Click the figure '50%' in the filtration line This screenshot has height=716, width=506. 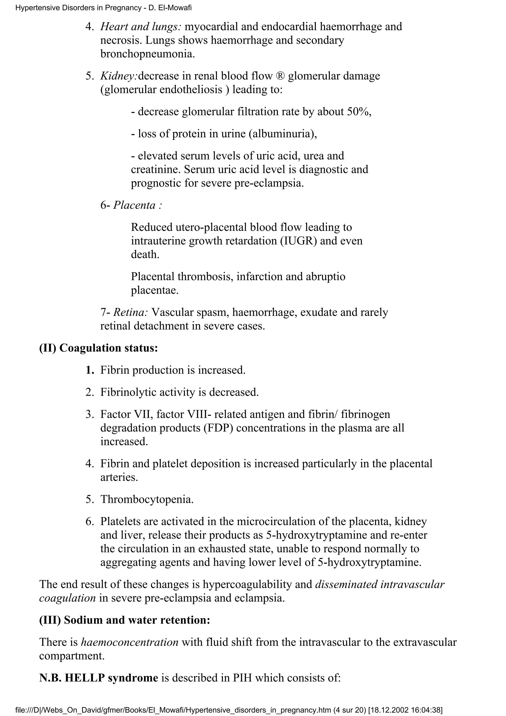pyautogui.click(x=358, y=112)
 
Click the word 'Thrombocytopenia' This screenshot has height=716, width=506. pyautogui.click(x=147, y=499)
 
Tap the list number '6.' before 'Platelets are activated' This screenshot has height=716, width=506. pyautogui.click(x=90, y=521)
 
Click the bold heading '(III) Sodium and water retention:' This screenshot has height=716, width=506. pyautogui.click(x=125, y=620)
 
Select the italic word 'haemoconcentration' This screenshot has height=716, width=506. pyautogui.click(x=130, y=642)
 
